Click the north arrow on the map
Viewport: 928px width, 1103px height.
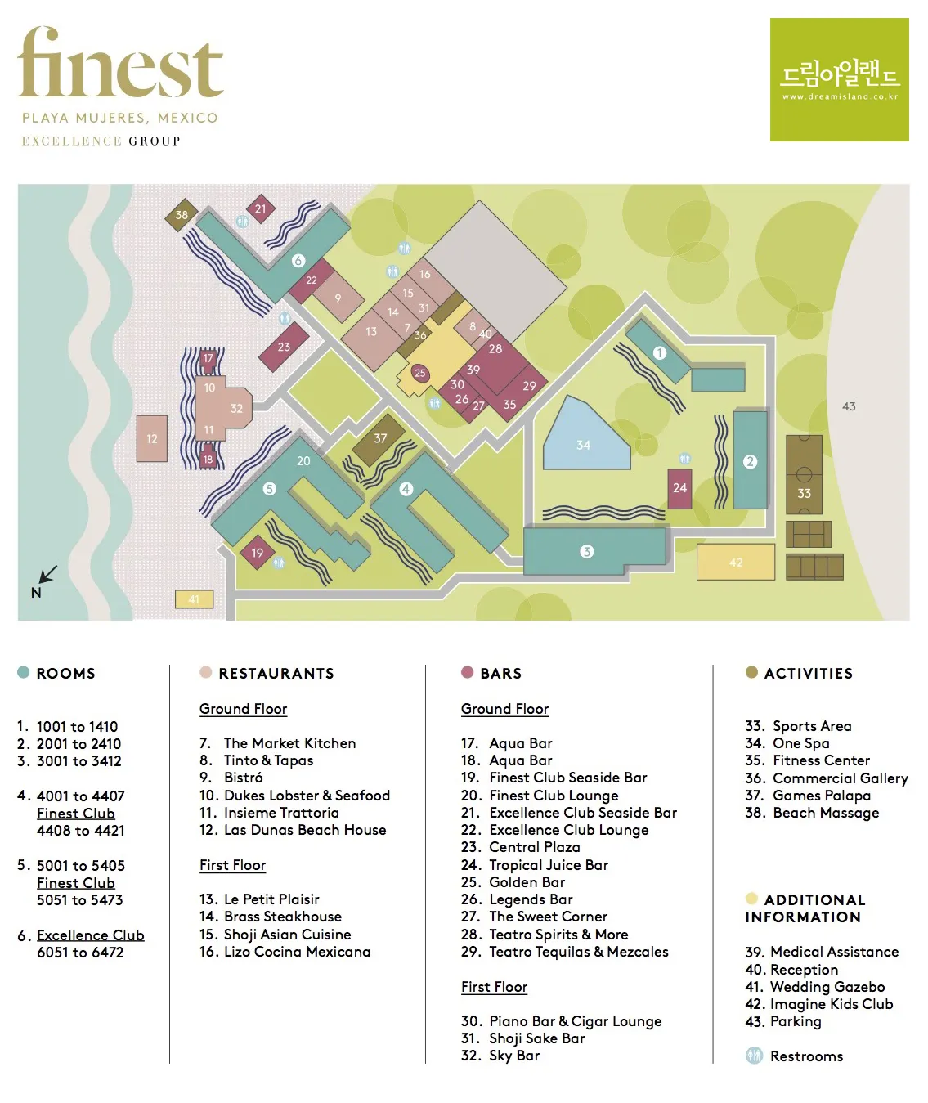(47, 574)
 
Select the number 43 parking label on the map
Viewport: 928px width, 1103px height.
(849, 406)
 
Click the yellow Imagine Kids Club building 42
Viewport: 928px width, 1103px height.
(735, 562)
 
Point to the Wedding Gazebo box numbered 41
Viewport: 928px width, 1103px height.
(194, 599)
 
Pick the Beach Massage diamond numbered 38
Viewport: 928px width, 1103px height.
(182, 215)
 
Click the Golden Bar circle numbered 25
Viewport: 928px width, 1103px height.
(419, 373)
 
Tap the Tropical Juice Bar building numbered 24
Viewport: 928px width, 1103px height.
(679, 488)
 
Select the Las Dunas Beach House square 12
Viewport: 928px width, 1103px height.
(152, 438)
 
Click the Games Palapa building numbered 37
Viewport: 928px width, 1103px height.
(379, 439)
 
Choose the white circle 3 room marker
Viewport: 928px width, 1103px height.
(586, 552)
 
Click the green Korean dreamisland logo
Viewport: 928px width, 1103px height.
(839, 79)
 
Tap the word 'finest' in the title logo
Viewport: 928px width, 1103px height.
(120, 63)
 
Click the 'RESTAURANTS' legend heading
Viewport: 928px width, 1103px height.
(276, 673)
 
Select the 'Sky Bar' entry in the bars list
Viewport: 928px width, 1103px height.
(514, 1056)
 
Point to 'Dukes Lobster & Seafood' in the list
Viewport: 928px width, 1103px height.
(307, 795)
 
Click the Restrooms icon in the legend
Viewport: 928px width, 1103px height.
(754, 1056)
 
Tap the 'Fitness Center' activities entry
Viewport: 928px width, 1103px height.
(821, 760)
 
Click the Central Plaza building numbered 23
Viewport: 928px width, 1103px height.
(284, 347)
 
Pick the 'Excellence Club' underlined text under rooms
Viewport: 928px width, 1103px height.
(90, 935)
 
